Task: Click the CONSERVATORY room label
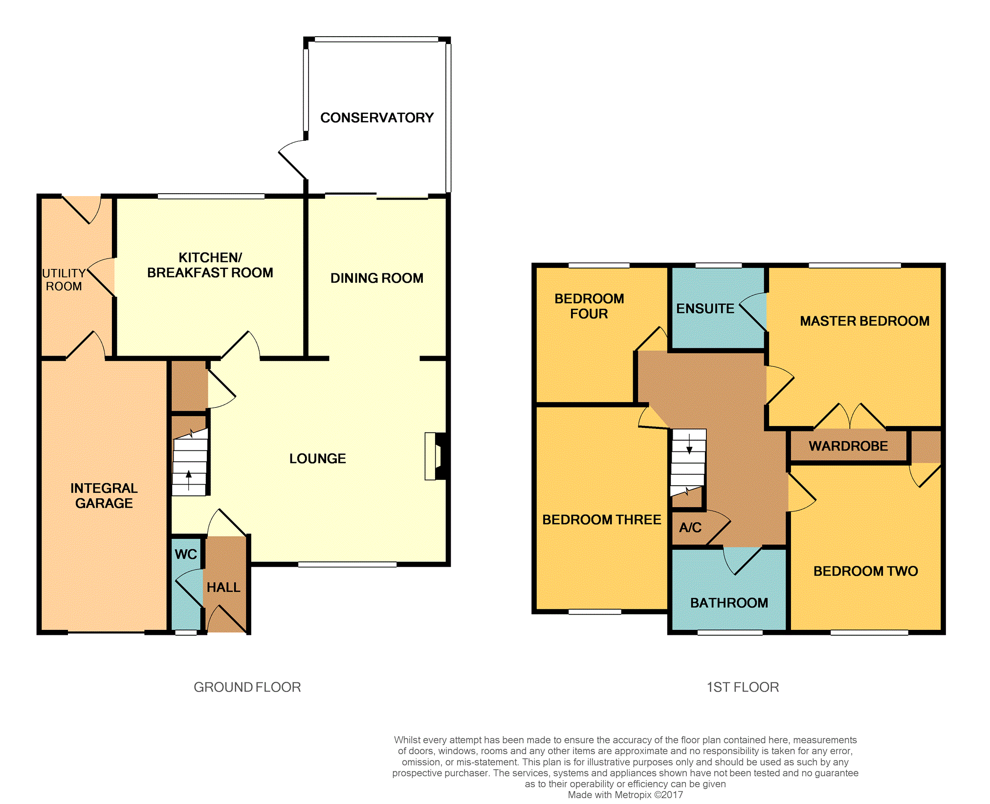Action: point(377,118)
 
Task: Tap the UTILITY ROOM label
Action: point(64,280)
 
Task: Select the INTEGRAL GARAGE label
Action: point(104,495)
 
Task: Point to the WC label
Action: point(186,554)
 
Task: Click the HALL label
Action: point(223,587)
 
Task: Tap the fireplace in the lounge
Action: point(436,456)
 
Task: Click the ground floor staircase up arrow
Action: point(189,480)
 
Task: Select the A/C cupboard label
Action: point(690,527)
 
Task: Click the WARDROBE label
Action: point(848,446)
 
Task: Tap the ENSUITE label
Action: point(705,309)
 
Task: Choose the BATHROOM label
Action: point(729,603)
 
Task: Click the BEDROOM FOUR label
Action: point(589,306)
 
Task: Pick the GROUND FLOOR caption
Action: point(247,687)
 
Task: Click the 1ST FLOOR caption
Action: point(743,687)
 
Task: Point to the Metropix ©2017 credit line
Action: point(625,795)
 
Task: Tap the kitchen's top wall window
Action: point(211,197)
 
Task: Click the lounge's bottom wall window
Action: point(347,564)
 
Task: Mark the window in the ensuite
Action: point(718,266)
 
